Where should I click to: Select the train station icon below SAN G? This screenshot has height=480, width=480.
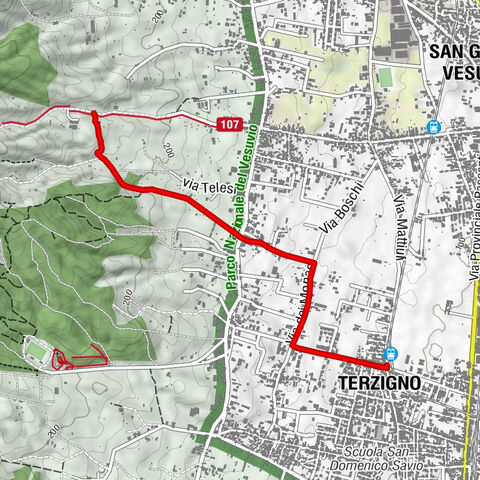coord(433,127)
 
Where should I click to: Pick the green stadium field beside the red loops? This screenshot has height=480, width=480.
coord(36,351)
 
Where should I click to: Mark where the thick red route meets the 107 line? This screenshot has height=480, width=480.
coord(94,115)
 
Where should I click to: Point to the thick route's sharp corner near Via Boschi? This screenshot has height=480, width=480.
coord(314,264)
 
